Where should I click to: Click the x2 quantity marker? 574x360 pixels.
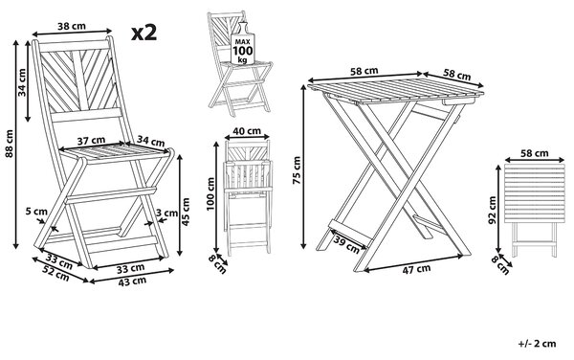click(x=144, y=33)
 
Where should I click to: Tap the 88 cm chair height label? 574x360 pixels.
click(x=10, y=144)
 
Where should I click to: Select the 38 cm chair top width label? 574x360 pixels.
click(x=72, y=26)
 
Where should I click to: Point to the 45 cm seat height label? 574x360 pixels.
click(x=186, y=212)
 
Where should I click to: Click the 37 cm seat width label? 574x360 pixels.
click(x=91, y=140)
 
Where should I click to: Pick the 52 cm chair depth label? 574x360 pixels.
click(x=55, y=273)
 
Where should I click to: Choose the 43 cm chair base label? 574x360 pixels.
click(x=133, y=281)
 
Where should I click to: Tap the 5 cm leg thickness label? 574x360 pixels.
click(x=36, y=212)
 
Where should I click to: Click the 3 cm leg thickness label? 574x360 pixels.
click(x=166, y=213)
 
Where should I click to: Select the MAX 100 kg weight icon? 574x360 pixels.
click(x=242, y=44)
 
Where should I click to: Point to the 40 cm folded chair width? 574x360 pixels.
click(x=247, y=131)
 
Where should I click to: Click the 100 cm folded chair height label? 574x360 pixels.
click(x=210, y=193)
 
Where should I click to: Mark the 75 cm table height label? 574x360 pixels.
click(x=297, y=170)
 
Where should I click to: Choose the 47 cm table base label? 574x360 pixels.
click(x=416, y=270)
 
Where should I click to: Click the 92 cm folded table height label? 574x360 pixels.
click(x=492, y=211)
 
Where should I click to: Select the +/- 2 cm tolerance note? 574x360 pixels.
click(x=537, y=344)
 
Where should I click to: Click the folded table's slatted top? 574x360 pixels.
click(x=535, y=193)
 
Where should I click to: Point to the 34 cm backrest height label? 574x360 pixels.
click(x=23, y=82)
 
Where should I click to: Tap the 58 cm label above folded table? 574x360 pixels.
click(x=535, y=153)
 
